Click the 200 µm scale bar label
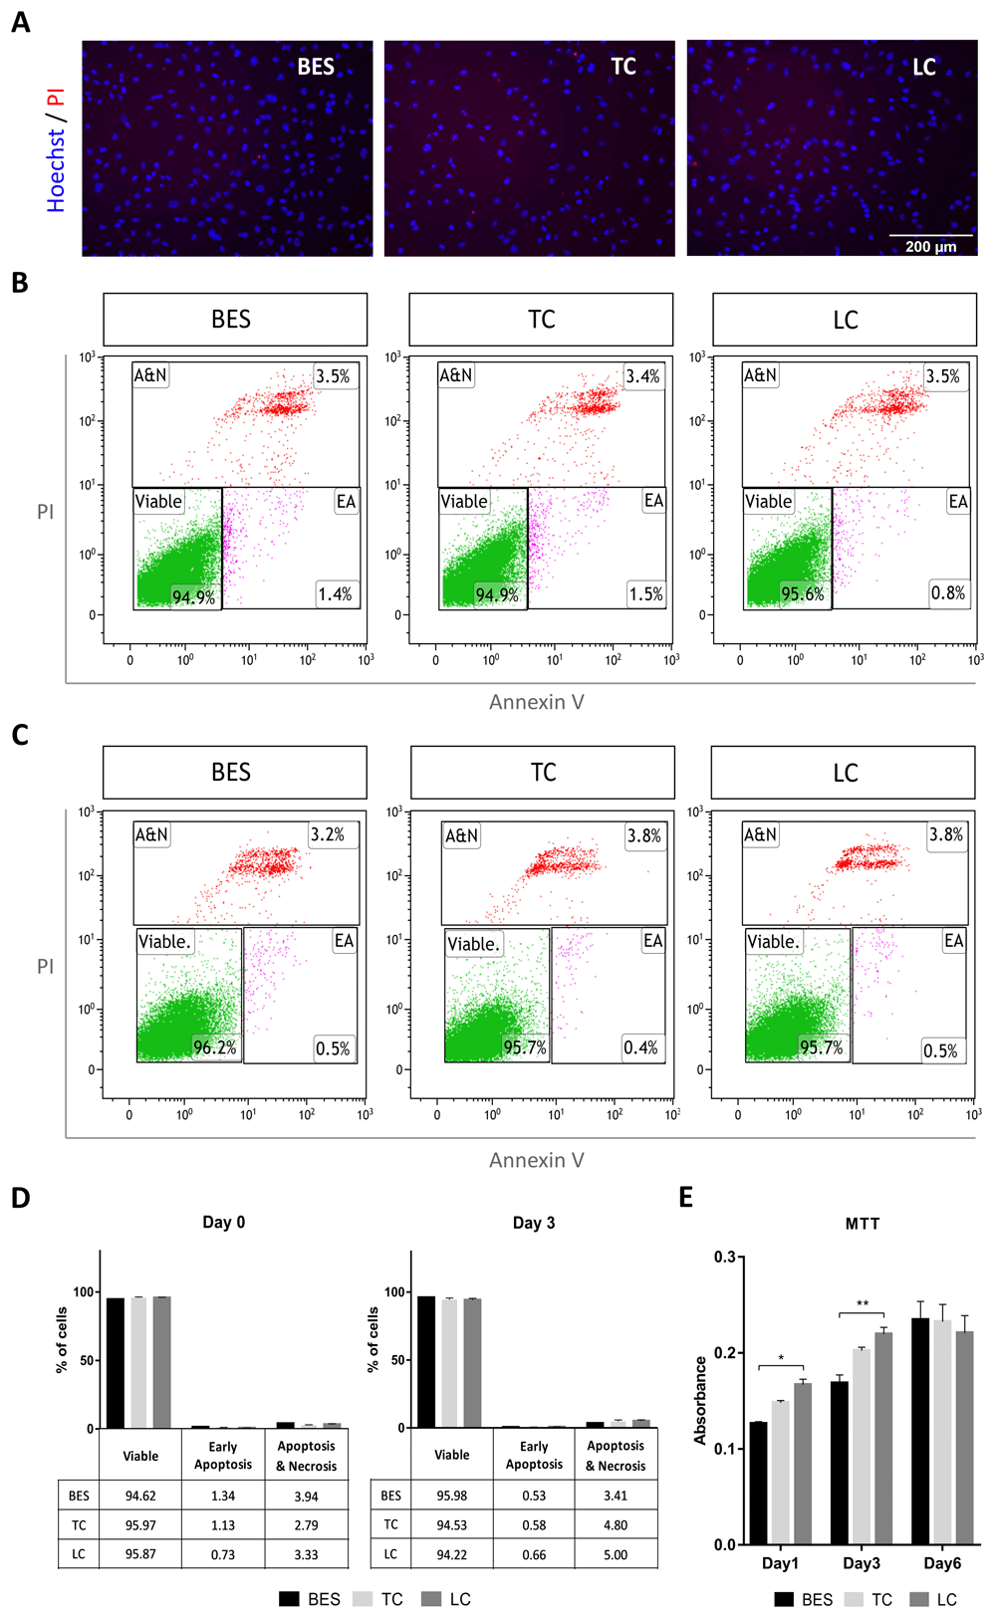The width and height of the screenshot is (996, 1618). pos(930,247)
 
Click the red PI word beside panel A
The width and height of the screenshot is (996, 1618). pos(56,98)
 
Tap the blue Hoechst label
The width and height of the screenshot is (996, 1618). pos(56,170)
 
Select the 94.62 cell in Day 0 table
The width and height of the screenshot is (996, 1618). pos(140,1496)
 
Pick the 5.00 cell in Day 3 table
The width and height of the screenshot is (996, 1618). pos(616,1554)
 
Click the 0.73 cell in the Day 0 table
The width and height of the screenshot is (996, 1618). pos(223,1554)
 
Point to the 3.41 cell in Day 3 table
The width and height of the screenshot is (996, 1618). pos(616,1496)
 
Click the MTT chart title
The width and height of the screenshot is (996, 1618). pos(863,1224)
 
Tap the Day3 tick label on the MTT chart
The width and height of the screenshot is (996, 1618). pos(862,1563)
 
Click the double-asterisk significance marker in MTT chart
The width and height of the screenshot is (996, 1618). pos(863,1304)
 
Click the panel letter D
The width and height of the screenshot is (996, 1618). pos(21,1198)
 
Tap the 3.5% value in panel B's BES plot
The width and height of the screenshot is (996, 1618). pos(333,376)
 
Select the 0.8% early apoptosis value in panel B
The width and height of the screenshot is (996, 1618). pos(947,593)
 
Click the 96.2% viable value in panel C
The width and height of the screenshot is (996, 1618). pos(214,1047)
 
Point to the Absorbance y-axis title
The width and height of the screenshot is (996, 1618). pos(700,1400)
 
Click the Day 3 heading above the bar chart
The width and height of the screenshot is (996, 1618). pos(534,1223)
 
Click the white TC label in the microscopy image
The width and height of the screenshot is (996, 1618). pos(622,67)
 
